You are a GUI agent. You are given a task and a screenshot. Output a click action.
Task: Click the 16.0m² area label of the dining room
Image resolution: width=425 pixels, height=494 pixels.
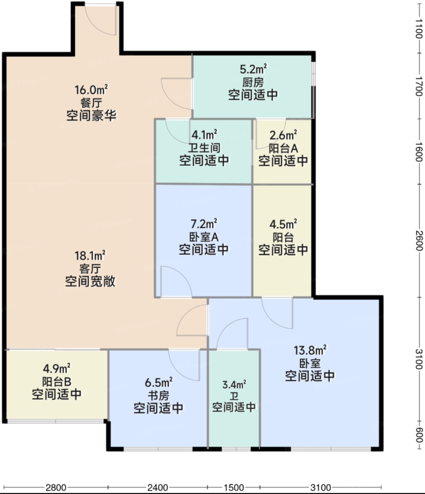91,90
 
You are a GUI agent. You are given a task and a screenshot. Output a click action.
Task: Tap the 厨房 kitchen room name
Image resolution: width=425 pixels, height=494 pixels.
253,83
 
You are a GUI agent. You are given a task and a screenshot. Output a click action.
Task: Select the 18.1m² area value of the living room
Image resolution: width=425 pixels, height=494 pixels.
91,255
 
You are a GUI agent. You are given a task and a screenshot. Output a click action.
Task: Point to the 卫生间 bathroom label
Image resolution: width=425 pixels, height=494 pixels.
204,148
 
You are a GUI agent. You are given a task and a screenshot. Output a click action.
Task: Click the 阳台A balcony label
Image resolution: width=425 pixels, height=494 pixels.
283,148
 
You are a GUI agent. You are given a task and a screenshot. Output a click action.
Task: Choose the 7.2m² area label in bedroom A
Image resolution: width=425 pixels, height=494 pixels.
204,224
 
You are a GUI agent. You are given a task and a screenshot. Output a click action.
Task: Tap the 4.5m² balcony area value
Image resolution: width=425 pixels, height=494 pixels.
283,224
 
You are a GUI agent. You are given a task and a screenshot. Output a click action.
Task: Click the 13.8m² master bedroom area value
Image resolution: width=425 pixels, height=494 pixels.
310,350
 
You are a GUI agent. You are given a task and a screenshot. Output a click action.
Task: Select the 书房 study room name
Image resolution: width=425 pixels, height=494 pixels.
158,396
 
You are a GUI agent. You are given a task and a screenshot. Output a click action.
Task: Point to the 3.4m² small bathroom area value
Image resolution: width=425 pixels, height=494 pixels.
234,385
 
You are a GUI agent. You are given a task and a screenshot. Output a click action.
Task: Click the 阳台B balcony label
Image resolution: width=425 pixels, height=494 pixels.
57,382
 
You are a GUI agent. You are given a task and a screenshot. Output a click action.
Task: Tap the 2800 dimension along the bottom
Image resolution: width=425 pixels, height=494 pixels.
56,488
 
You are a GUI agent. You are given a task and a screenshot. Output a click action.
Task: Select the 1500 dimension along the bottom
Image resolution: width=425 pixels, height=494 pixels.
234,488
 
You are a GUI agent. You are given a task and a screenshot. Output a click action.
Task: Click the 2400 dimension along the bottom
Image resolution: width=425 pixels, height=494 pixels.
157,488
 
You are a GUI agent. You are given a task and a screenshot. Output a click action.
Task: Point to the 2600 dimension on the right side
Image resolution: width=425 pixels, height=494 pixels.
419,241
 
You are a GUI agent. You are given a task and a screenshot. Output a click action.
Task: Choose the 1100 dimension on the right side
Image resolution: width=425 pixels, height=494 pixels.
419,29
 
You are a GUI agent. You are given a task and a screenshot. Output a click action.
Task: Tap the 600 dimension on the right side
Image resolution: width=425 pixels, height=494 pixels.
419,435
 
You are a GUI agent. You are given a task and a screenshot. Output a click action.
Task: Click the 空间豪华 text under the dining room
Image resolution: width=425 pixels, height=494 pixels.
91,115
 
